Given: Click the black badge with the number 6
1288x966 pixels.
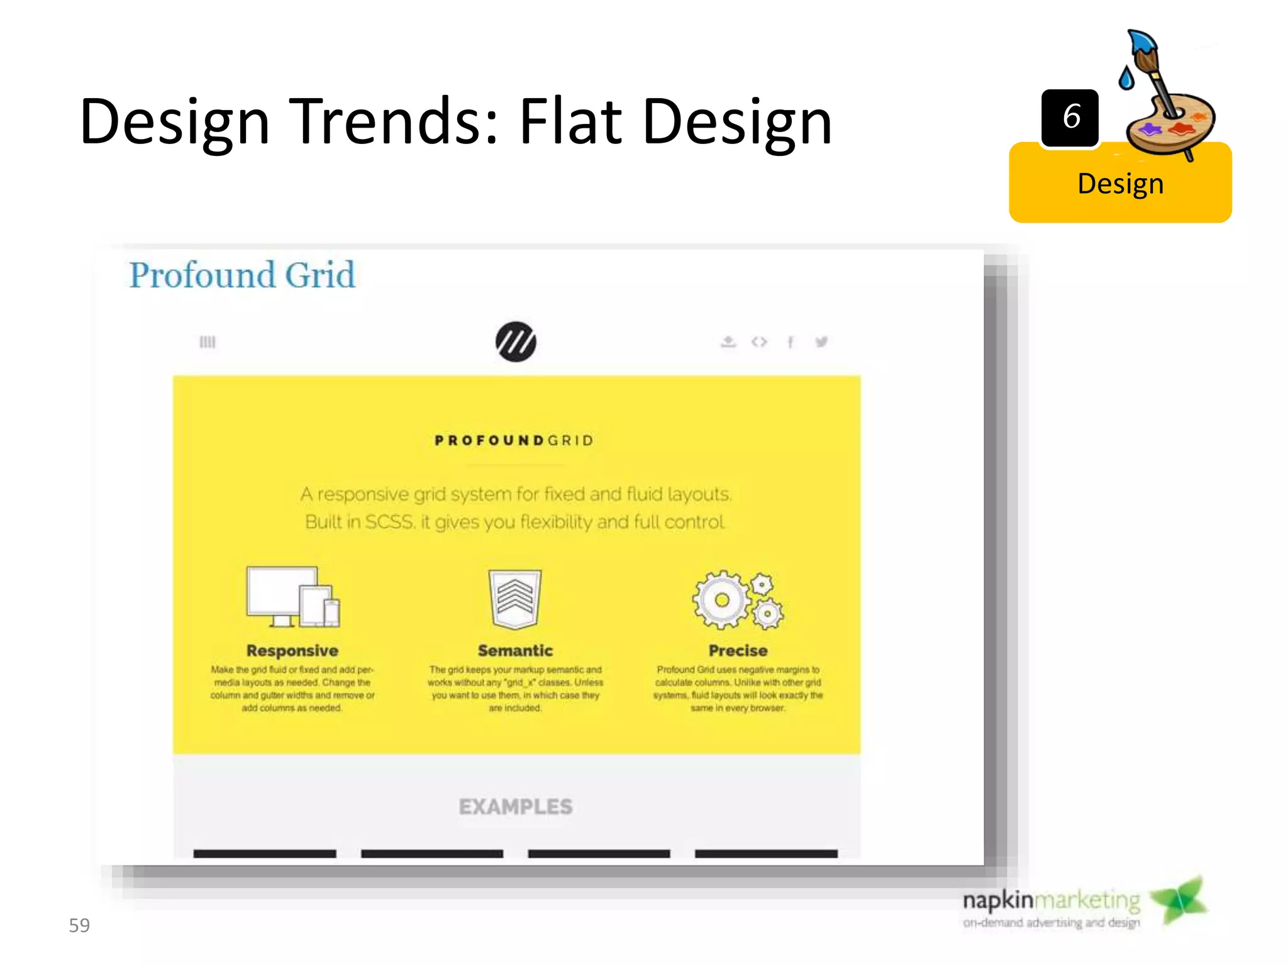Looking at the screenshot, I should pos(1070,118).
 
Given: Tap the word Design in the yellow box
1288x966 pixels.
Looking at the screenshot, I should pos(1120,184).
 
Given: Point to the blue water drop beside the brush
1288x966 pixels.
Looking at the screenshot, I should pos(1126,78).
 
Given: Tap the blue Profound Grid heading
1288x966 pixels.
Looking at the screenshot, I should pos(242,275).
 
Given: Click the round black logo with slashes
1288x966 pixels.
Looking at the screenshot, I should pos(516,341).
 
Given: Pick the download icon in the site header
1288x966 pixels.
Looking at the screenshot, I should pos(728,341).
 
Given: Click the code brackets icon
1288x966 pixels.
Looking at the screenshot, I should pos(759,341).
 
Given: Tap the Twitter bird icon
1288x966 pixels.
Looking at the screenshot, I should pos(821,341).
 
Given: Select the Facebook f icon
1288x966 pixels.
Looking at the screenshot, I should pos(791,341).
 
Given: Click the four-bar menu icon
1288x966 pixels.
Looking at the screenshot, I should pos(208,341).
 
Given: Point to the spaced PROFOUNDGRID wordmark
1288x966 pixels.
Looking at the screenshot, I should pos(514,440).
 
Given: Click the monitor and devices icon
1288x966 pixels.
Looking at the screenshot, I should pos(292,596).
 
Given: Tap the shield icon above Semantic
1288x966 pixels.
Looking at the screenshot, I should pos(515,598).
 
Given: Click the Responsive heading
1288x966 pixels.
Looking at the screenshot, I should pos(292,650).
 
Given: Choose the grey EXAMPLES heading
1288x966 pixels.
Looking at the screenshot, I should pos(516,806).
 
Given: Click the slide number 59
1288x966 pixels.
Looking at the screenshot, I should pos(79,925).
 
